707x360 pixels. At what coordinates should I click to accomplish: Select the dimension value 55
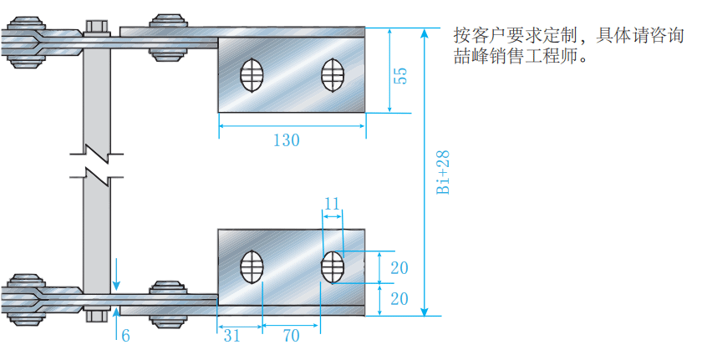pyautogui.click(x=400, y=75)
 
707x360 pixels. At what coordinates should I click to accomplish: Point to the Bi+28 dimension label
pyautogui.click(x=443, y=172)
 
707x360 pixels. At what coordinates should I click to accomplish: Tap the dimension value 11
pyautogui.click(x=332, y=203)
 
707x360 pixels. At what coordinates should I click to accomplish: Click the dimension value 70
pyautogui.click(x=291, y=336)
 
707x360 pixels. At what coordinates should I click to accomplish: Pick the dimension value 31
pyautogui.click(x=231, y=336)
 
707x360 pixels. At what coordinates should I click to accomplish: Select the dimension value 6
pyautogui.click(x=125, y=336)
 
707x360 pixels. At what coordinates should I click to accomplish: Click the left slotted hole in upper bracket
pyautogui.click(x=252, y=75)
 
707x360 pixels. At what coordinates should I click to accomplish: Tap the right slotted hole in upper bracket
pyautogui.click(x=333, y=75)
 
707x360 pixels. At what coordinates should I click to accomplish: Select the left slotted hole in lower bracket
pyautogui.click(x=252, y=267)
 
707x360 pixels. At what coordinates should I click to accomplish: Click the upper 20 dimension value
pyautogui.click(x=399, y=268)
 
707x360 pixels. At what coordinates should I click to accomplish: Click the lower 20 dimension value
pyautogui.click(x=399, y=299)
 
